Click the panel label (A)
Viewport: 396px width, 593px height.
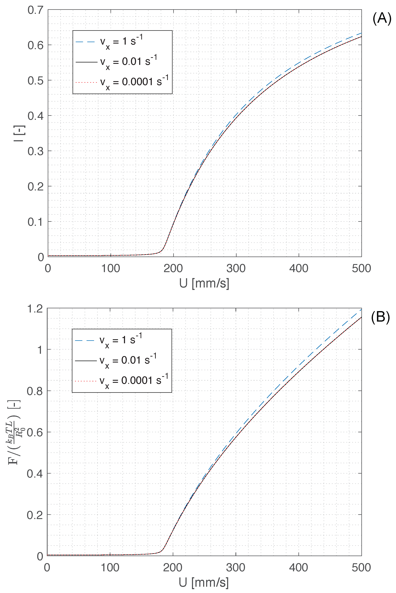point(382,18)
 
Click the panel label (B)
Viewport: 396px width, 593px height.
point(380,317)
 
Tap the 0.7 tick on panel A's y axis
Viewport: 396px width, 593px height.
point(35,10)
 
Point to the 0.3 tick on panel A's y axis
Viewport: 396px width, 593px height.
point(35,151)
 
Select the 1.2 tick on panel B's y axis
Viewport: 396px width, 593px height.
point(35,309)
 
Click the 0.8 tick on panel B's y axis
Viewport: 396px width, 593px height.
point(35,391)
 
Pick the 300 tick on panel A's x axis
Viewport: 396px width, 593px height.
point(236,268)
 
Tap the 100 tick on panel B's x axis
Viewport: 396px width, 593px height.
point(110,567)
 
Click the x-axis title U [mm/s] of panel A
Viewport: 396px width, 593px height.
point(204,283)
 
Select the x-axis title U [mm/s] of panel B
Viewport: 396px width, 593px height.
point(204,582)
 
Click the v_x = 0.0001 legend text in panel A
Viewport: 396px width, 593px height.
point(134,82)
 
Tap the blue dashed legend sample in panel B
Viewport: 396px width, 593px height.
point(85,340)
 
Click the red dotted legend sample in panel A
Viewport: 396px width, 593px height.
point(86,82)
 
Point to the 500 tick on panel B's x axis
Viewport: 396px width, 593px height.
point(361,567)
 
